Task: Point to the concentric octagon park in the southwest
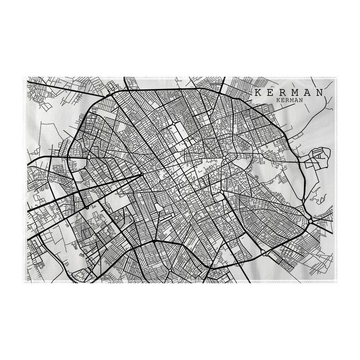click(x=117, y=218)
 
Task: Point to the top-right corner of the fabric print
click(x=337, y=77)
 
